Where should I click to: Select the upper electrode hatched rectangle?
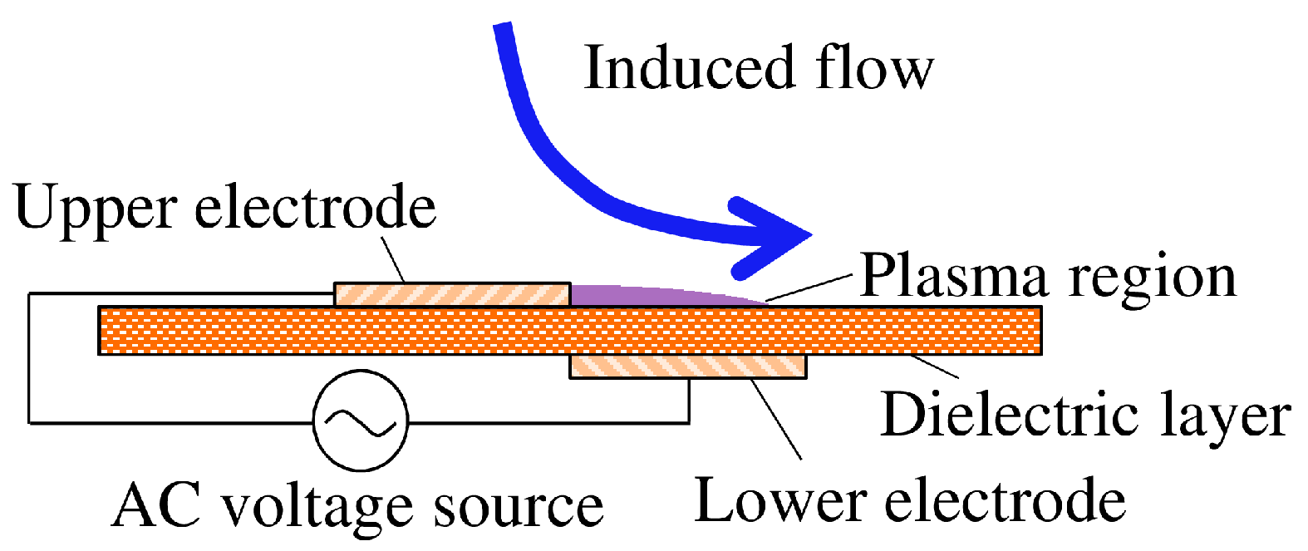[452, 294]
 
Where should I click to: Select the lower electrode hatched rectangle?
[687, 367]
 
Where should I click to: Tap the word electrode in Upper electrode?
[315, 207]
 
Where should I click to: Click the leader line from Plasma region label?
[809, 287]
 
